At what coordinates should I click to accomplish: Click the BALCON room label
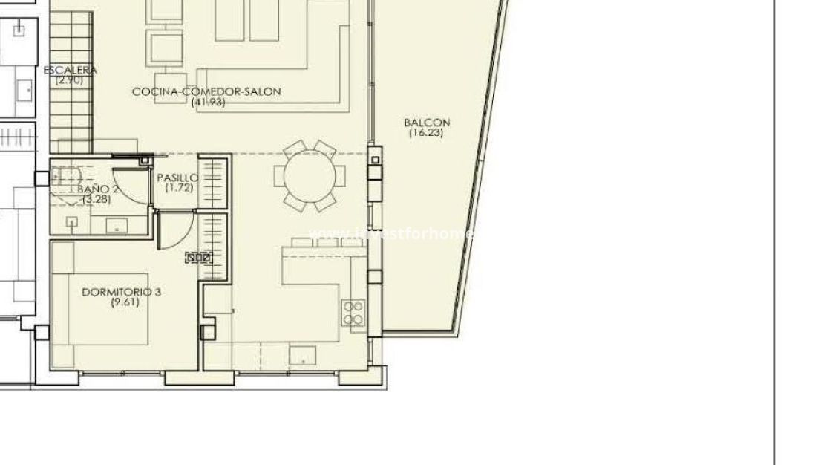pyautogui.click(x=427, y=123)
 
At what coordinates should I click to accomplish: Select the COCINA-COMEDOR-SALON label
pyautogui.click(x=206, y=92)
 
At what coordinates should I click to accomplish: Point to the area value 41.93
pyautogui.click(x=208, y=102)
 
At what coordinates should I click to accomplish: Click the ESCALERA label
pyautogui.click(x=70, y=71)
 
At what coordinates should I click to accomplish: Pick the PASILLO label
pyautogui.click(x=177, y=178)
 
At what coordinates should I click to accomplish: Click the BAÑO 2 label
pyautogui.click(x=98, y=189)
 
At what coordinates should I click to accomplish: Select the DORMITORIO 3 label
pyautogui.click(x=121, y=292)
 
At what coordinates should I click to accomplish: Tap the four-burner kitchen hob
pyautogui.click(x=353, y=313)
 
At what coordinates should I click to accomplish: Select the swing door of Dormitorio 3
pyautogui.click(x=177, y=230)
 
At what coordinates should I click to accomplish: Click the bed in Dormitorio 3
pyautogui.click(x=111, y=308)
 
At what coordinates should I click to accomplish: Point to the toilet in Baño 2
pyautogui.click(x=67, y=177)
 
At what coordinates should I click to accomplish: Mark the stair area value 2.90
pyautogui.click(x=70, y=79)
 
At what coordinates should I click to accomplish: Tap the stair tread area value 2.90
pyautogui.click(x=70, y=79)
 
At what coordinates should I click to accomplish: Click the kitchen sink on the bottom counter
pyautogui.click(x=302, y=356)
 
